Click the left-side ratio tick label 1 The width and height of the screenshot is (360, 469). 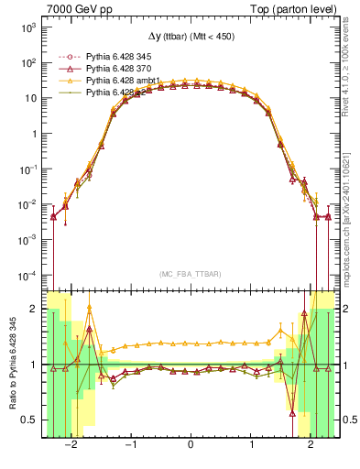pos(32,365)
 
